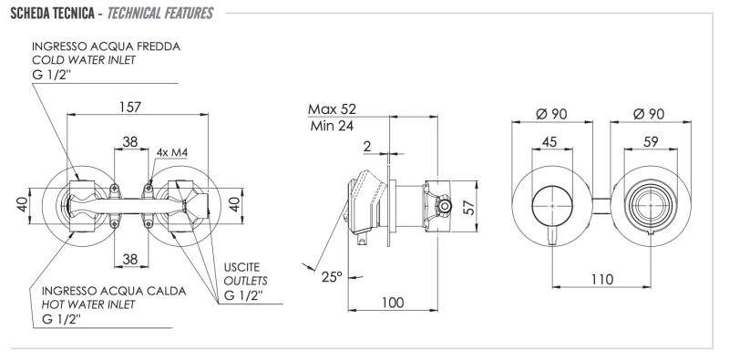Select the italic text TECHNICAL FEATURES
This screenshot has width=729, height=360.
tap(159, 13)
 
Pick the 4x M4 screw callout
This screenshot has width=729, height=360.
tap(171, 151)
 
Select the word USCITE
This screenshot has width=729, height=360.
tap(243, 267)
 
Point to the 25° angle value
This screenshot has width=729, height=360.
tap(332, 276)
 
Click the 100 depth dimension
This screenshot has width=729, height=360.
tap(394, 302)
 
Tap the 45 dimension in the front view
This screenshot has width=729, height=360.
tap(549, 141)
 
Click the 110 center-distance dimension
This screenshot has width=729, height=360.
tap(601, 278)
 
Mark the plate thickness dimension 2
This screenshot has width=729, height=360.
tap(367, 146)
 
